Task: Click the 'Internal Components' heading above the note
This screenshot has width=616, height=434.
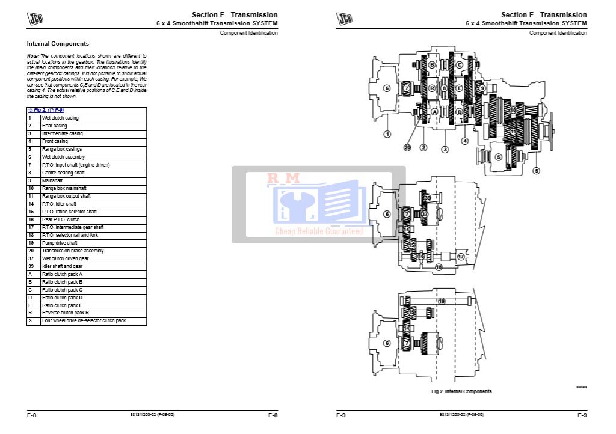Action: coord(58,44)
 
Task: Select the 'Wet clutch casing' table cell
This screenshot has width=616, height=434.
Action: coord(60,118)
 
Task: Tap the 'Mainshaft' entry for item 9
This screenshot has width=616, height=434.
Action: coord(52,180)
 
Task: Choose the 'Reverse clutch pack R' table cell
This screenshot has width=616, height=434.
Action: coord(66,313)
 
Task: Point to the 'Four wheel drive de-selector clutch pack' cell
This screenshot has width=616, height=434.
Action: coord(84,321)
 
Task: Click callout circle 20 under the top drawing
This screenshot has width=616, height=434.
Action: coord(407,147)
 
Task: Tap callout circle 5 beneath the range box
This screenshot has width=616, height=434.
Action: coord(536,171)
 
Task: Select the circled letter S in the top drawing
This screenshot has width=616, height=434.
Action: coord(498,157)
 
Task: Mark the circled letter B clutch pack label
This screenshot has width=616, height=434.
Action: coord(432,65)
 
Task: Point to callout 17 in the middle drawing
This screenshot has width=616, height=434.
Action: coord(461,256)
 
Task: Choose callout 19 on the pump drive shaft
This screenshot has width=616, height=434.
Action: coord(442,301)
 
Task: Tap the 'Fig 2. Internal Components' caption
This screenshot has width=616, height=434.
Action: coord(461,391)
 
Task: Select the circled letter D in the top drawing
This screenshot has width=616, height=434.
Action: coord(459,112)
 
